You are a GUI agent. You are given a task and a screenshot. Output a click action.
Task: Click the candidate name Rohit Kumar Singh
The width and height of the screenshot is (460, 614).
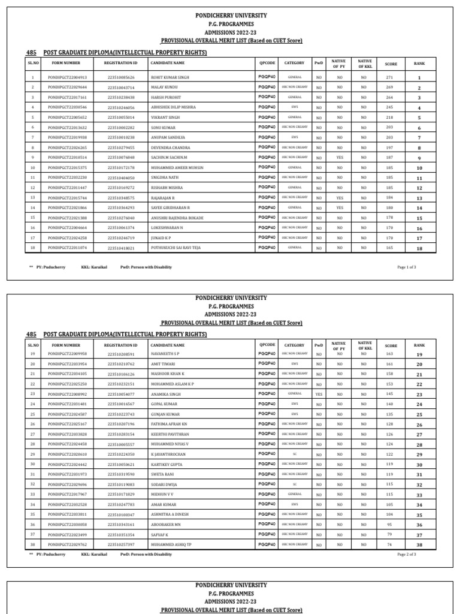tap(170, 78)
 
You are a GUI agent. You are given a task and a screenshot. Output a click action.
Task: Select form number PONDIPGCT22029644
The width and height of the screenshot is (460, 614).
tap(67, 88)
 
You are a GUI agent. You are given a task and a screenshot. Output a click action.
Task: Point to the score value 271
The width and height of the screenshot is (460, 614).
tap(389, 78)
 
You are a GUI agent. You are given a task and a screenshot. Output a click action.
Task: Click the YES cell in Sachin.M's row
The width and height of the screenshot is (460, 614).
tap(340, 158)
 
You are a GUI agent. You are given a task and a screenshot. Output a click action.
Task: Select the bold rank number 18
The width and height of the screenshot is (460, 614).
tap(419, 248)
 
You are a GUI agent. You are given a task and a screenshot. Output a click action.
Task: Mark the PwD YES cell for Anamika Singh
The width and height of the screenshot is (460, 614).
tap(319, 395)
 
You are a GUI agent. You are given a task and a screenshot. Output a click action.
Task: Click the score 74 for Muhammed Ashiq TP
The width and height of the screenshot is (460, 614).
tap(389, 544)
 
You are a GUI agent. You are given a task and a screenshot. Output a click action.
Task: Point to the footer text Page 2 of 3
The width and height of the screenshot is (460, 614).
tap(407, 555)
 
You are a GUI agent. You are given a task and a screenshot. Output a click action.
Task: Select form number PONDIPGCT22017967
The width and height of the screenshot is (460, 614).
tap(67, 495)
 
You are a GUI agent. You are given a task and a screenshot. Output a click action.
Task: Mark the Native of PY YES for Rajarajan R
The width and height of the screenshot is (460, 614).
tap(340, 198)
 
